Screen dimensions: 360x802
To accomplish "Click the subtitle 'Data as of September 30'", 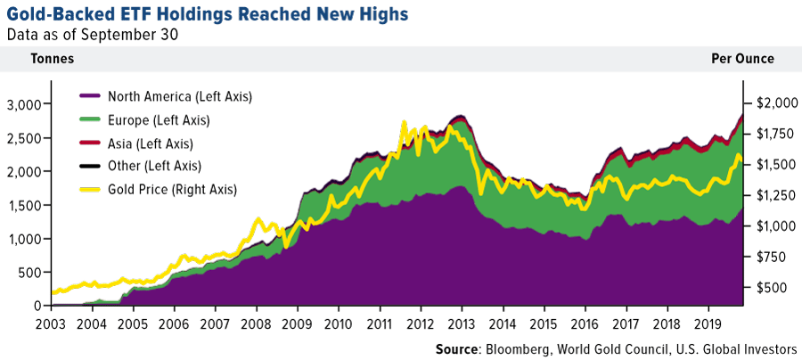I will click(x=93, y=35).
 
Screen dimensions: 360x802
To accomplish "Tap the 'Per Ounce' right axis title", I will click(x=742, y=59).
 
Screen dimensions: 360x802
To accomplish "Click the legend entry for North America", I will click(x=178, y=96).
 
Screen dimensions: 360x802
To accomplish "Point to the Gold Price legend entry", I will click(x=172, y=189).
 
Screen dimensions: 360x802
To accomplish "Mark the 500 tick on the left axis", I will click(x=26, y=273).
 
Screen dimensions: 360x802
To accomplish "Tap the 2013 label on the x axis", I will click(x=462, y=323).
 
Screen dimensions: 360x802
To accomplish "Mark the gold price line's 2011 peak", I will click(x=405, y=122).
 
